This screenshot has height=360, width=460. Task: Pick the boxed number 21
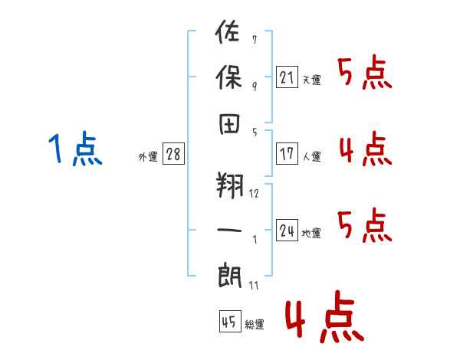click(x=287, y=77)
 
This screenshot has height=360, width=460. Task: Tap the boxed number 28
click(x=173, y=154)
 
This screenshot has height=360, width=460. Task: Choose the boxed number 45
click(x=229, y=322)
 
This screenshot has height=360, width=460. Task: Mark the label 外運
click(x=148, y=157)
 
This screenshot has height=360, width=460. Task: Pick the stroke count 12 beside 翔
click(x=254, y=193)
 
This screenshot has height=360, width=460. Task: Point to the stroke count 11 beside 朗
click(x=254, y=285)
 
